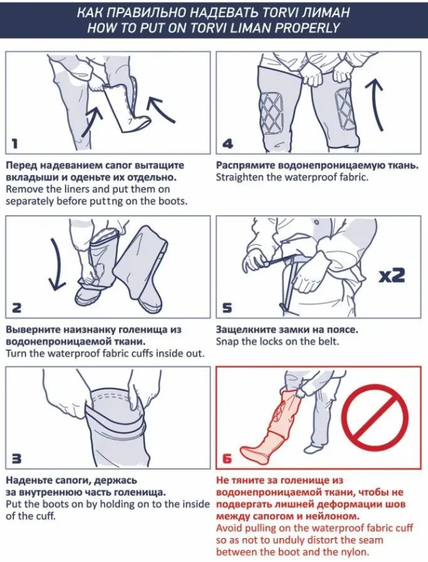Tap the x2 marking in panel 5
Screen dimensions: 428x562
(392, 275)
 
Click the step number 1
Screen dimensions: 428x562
(15, 144)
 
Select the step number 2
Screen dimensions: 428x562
(17, 308)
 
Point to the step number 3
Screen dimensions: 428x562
(17, 458)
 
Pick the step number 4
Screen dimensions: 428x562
(228, 144)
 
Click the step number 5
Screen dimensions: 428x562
(227, 308)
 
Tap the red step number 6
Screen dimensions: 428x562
(227, 459)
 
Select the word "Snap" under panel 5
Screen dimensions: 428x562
(227, 341)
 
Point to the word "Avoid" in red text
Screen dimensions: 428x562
(228, 528)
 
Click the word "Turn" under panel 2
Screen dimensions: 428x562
(16, 353)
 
